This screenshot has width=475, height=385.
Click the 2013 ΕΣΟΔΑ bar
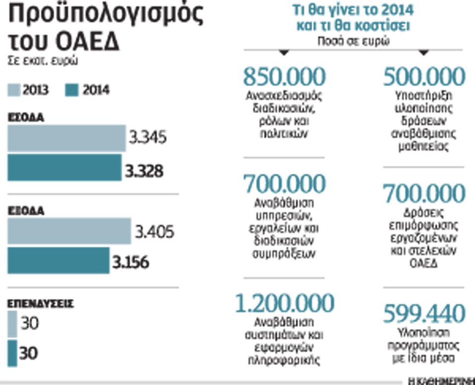point(66,138)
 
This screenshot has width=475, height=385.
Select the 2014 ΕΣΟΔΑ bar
point(64,167)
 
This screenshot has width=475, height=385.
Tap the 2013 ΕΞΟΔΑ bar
point(69,231)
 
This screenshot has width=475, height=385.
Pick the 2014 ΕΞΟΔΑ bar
point(58,260)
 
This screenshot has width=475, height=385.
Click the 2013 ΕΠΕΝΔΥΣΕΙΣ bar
point(12,325)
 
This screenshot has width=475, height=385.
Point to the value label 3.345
point(147,137)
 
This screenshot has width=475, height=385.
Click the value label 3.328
point(144,171)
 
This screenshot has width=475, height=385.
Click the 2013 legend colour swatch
point(13,90)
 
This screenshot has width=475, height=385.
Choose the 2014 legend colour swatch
point(72,90)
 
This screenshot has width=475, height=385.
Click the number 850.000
point(284,77)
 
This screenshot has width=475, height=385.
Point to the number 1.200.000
point(284,303)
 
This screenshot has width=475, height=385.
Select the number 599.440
point(424,313)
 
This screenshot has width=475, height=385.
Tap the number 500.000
point(424,77)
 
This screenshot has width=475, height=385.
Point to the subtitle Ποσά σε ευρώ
point(353,41)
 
